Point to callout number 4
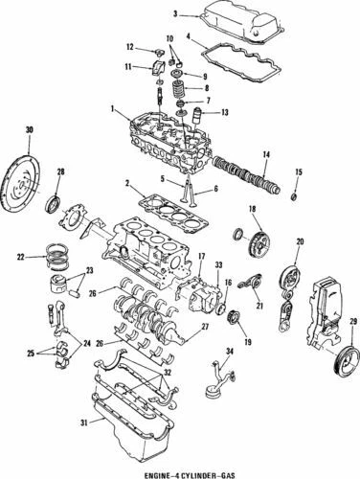(x=190, y=39)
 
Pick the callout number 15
(x=298, y=171)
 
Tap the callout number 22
(x=20, y=257)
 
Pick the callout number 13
(x=226, y=112)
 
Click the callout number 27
(x=205, y=327)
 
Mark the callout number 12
(x=128, y=46)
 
